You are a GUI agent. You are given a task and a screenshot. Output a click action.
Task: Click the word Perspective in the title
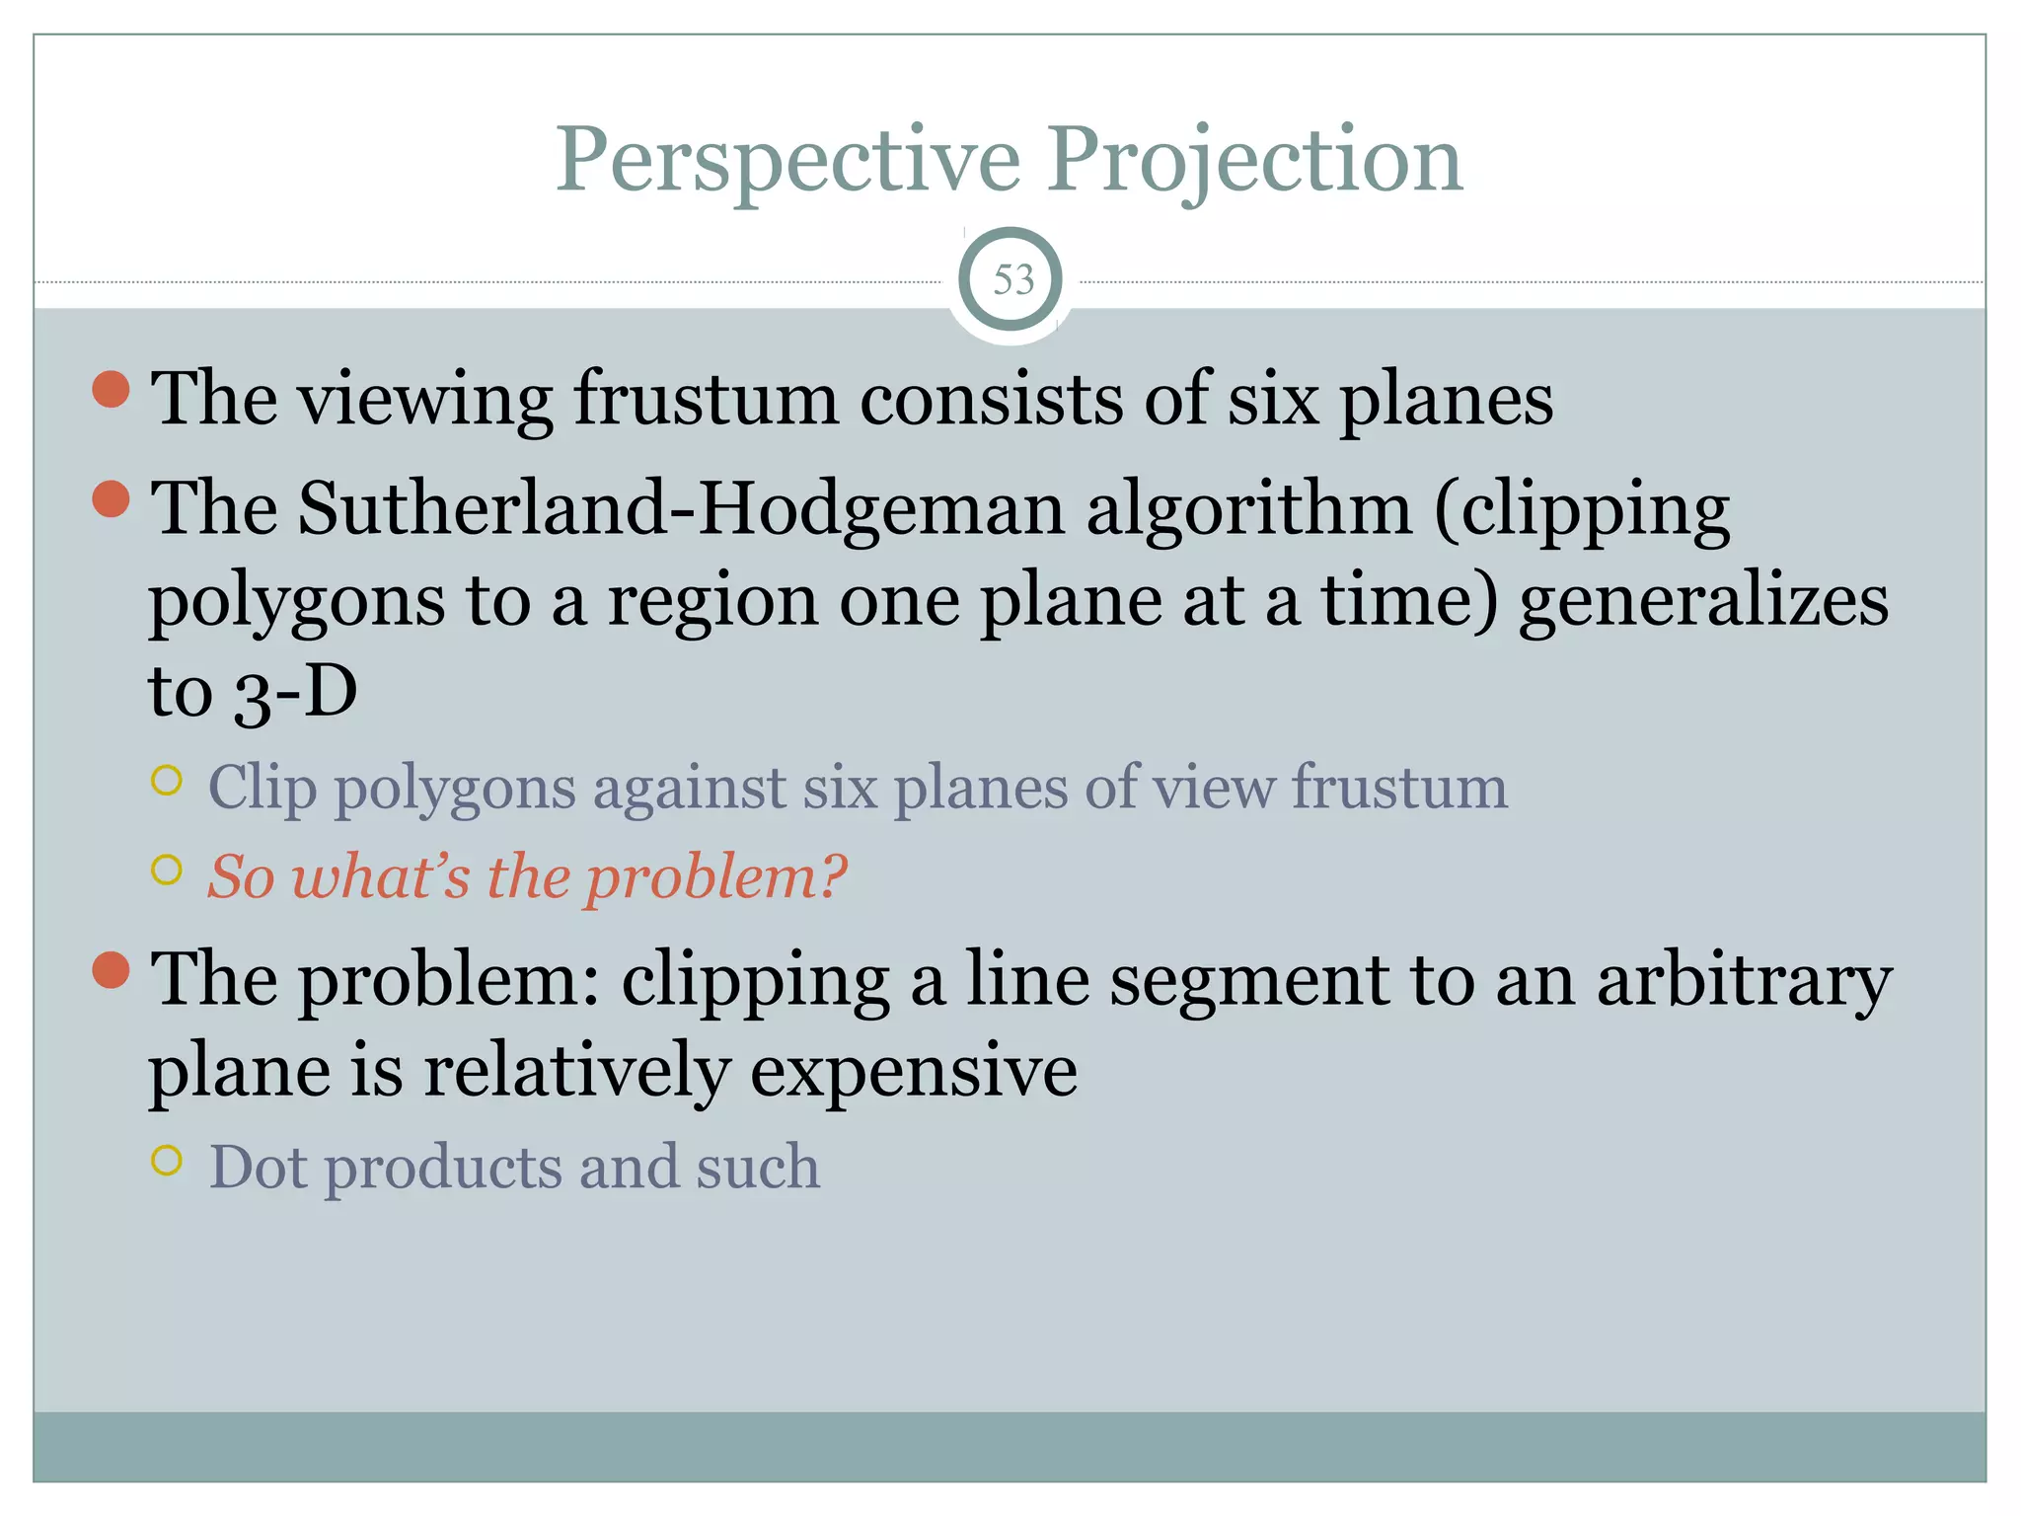tap(787, 160)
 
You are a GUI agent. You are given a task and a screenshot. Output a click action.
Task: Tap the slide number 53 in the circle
tap(1012, 280)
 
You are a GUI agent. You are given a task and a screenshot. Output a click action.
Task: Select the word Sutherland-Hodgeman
tap(681, 509)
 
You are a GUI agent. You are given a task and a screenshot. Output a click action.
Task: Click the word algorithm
tap(1248, 509)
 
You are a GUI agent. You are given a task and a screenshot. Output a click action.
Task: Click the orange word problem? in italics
tap(716, 876)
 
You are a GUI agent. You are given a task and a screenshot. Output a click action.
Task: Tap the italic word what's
tap(381, 876)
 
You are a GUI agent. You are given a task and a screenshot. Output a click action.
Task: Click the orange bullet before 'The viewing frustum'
tap(112, 389)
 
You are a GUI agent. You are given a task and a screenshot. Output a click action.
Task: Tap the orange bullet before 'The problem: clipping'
tap(112, 969)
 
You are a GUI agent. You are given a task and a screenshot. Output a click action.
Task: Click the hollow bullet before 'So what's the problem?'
tap(168, 870)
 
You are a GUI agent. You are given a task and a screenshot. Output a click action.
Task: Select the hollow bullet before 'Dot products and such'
tap(168, 1160)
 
